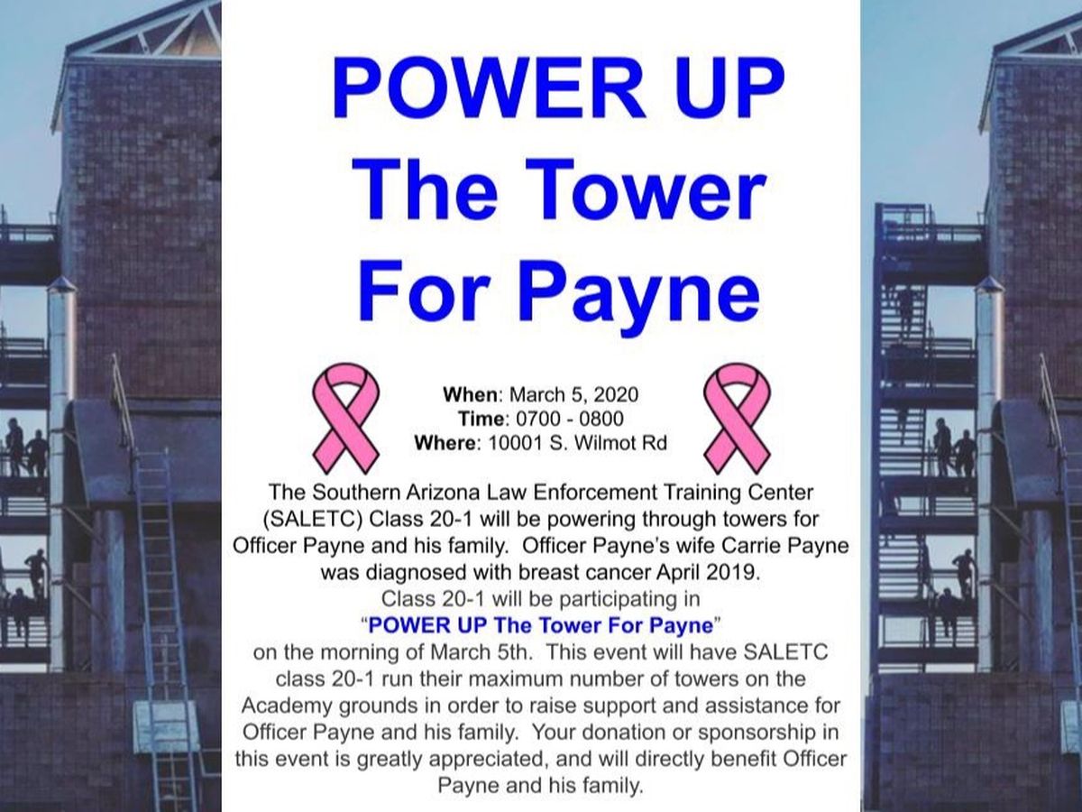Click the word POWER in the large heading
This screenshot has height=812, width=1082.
pos(489,88)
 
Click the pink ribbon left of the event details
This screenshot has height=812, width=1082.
pos(345,418)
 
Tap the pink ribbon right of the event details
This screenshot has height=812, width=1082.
pos(736,418)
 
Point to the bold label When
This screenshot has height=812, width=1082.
pos(471,394)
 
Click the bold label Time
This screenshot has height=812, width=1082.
pos(481,419)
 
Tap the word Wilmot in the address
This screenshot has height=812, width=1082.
pos(605,443)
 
